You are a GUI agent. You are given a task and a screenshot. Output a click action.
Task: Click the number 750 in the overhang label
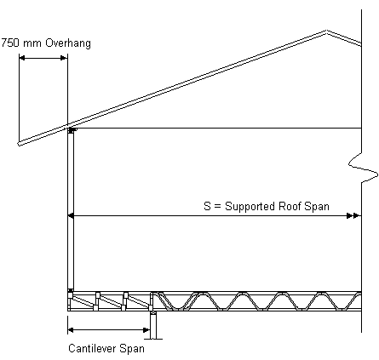point(10,43)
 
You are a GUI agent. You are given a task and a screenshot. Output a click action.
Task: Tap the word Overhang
point(68,43)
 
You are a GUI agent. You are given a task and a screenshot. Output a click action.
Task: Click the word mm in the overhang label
point(32,44)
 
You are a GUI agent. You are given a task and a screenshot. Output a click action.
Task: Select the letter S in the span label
point(207,206)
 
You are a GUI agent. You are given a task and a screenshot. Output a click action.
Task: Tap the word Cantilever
point(92,348)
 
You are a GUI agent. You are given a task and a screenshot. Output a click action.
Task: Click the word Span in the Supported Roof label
point(317,207)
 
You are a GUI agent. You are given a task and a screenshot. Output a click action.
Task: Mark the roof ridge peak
point(327,31)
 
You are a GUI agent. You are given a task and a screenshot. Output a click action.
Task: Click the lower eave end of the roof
point(20,144)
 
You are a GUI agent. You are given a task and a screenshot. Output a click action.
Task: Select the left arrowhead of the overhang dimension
point(22,58)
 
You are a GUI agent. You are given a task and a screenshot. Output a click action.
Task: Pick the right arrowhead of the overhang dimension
point(64,58)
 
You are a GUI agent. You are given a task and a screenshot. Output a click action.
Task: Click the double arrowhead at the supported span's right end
point(353,216)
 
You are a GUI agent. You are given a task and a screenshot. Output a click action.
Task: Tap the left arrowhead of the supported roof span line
point(71,216)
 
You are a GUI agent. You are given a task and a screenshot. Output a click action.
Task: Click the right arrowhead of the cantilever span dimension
point(146,330)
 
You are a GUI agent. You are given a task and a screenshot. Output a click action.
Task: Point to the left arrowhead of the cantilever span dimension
point(71,330)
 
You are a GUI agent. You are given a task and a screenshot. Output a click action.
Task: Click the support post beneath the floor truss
point(153,325)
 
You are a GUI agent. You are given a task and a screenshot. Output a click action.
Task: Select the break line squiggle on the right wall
point(364,168)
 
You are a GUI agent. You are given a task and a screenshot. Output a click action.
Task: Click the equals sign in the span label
point(217,207)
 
